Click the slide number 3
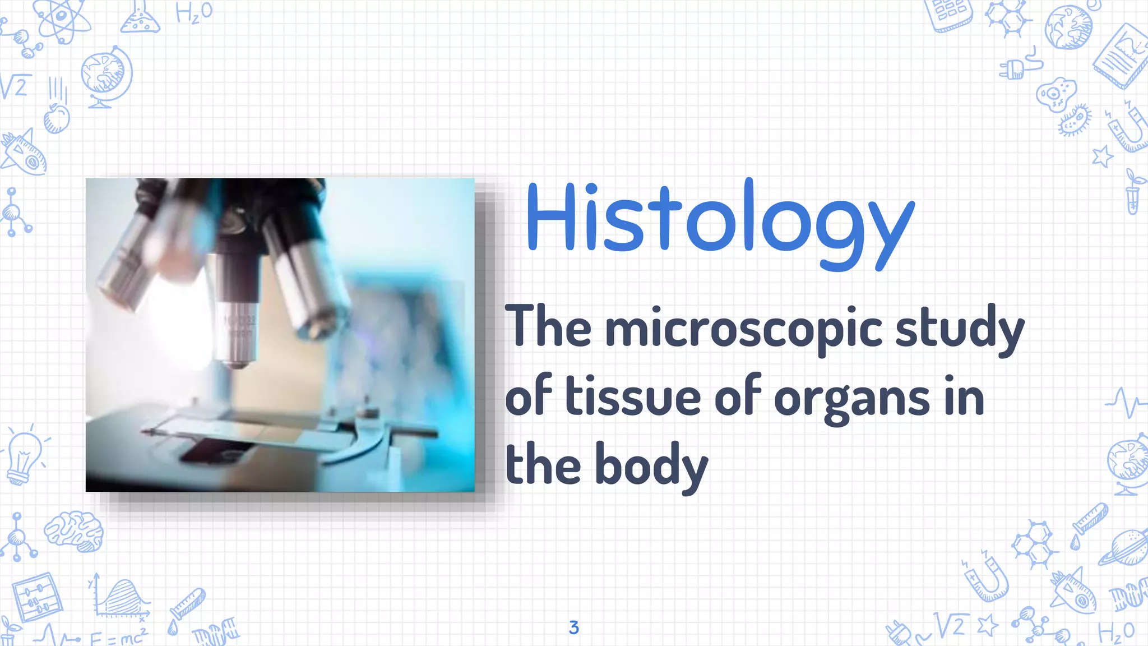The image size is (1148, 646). (x=573, y=627)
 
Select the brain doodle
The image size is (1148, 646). (x=74, y=530)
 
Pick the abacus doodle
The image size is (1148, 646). (x=36, y=597)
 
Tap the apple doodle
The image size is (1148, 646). (x=57, y=118)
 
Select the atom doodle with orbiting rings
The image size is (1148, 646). (x=62, y=20)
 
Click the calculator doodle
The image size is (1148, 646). (x=951, y=13)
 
